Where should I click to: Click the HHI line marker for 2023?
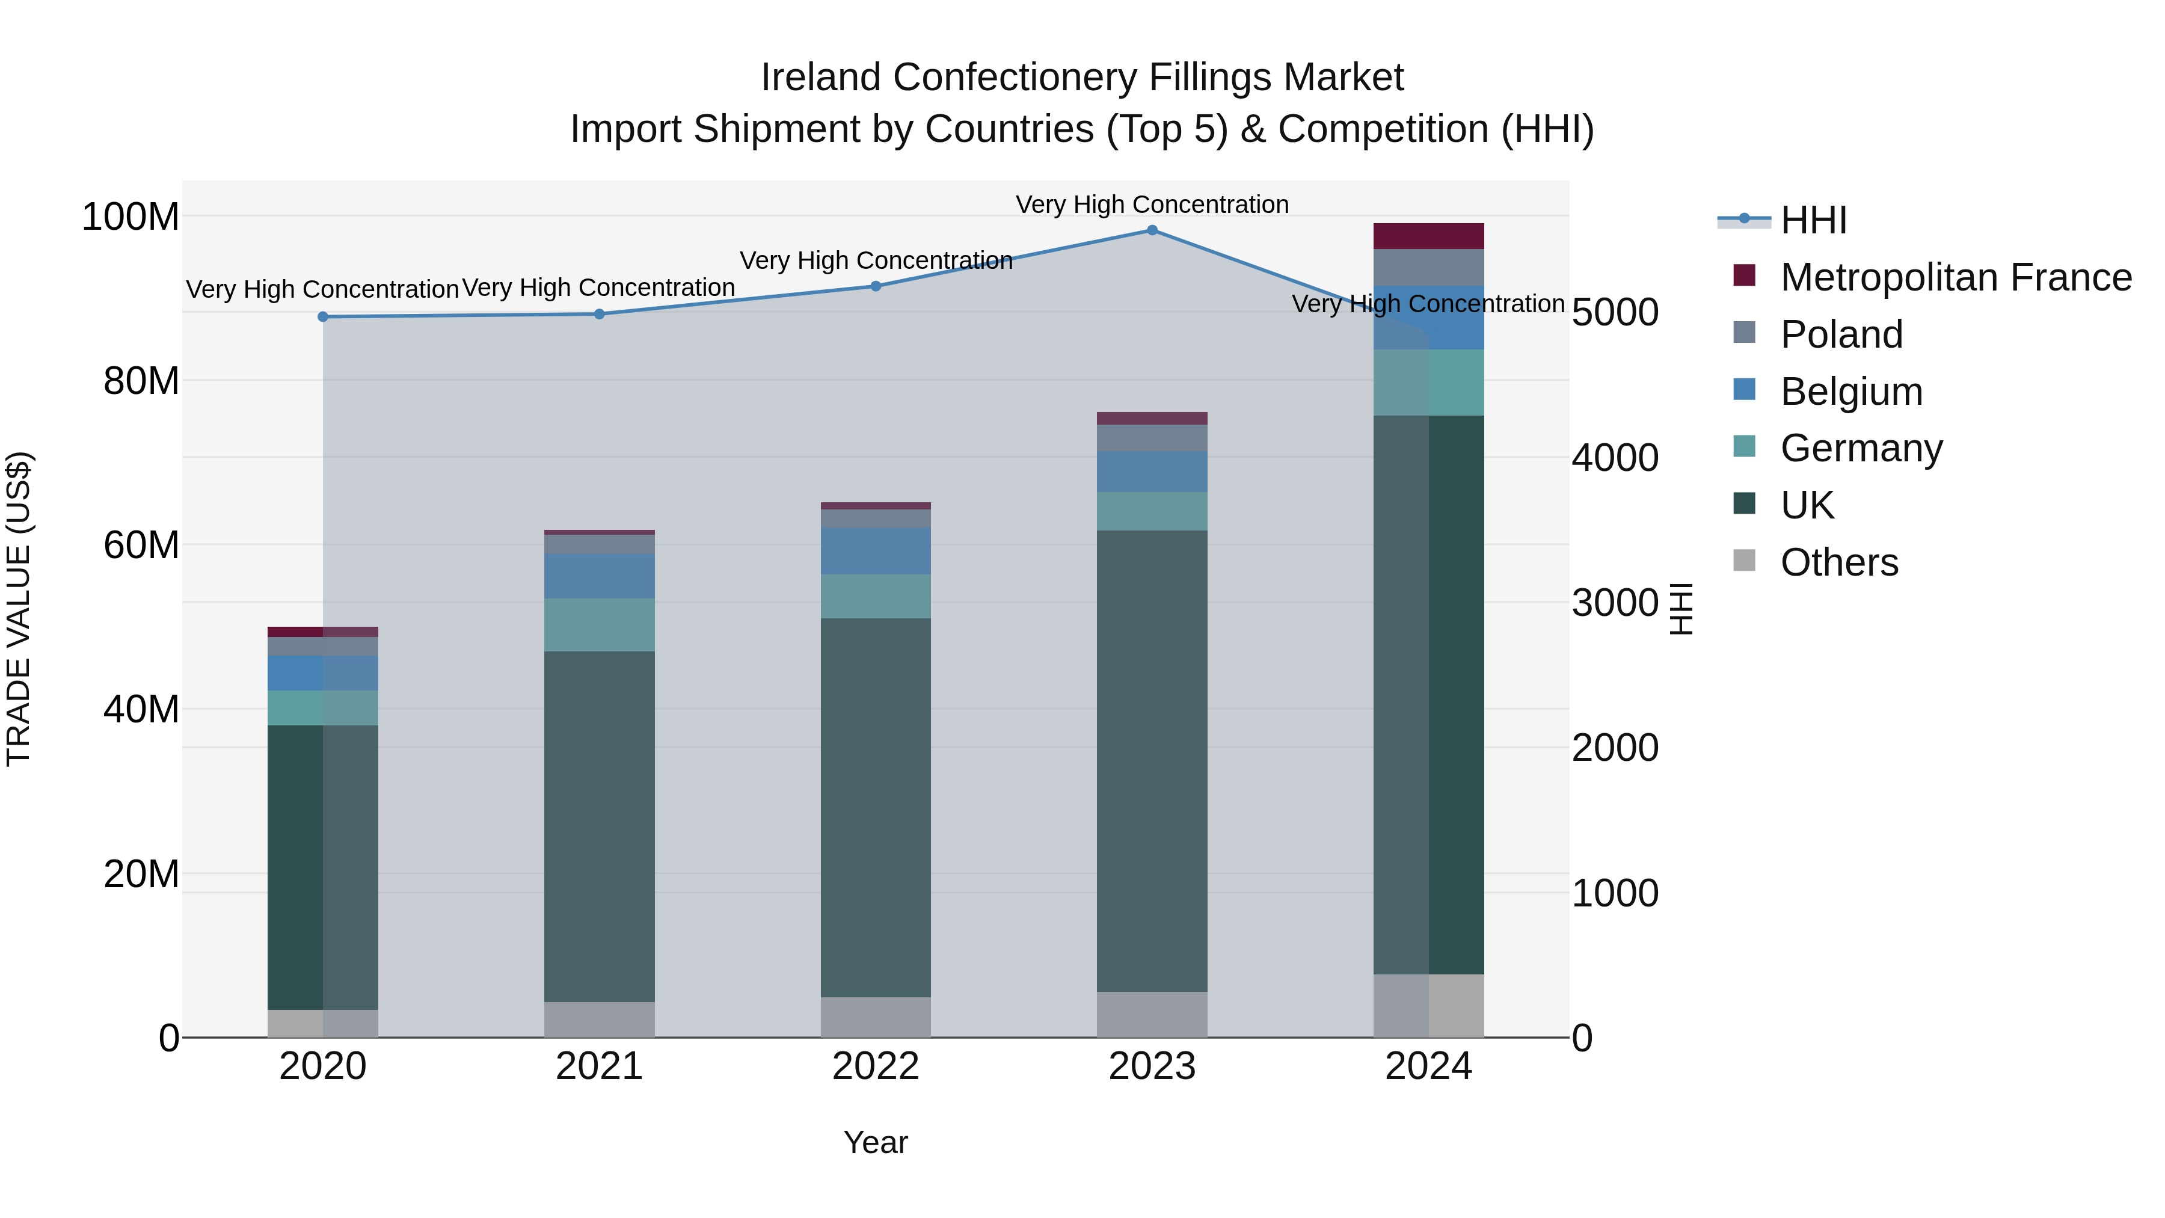tap(1152, 230)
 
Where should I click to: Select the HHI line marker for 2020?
tap(323, 317)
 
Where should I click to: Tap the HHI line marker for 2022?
tap(875, 287)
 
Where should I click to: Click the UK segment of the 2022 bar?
tap(875, 807)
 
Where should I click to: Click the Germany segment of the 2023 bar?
tap(1152, 511)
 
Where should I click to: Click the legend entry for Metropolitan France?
tap(1955, 277)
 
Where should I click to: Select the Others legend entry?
tap(1839, 562)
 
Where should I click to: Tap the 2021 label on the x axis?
tap(599, 1066)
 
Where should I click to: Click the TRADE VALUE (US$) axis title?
tap(19, 609)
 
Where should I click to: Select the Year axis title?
tap(875, 1142)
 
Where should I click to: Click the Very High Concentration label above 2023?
tap(1152, 205)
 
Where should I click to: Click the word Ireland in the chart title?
tap(820, 78)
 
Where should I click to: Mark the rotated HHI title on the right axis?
tap(1680, 609)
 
